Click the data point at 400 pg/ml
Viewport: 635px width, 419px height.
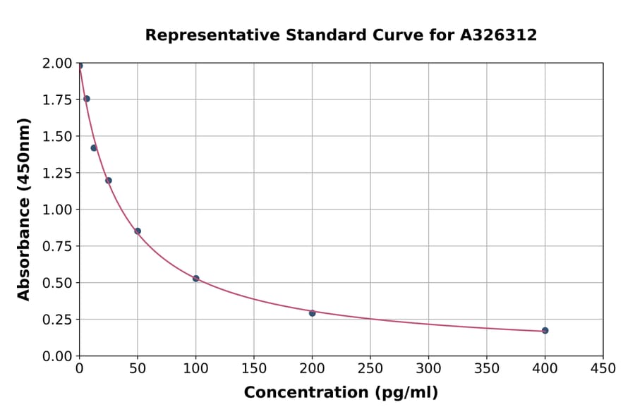[x=545, y=330]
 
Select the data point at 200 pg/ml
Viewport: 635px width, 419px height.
[x=312, y=312]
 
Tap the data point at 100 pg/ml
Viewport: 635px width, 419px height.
[x=195, y=279]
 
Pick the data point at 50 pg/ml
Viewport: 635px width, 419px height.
[x=138, y=231]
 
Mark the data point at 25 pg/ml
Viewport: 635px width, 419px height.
[x=108, y=180]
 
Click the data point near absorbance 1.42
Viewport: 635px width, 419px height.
[x=94, y=147]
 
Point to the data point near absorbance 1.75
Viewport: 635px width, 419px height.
[x=86, y=99]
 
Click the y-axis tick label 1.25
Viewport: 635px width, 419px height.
[x=57, y=173]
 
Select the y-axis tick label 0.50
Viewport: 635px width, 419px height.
[x=57, y=283]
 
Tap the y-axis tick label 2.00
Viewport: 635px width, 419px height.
[x=57, y=63]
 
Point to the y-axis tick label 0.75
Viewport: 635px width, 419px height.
[x=57, y=246]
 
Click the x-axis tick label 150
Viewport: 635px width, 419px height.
[x=254, y=368]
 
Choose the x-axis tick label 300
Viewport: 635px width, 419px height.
[x=428, y=368]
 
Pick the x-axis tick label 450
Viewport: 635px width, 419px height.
[x=603, y=368]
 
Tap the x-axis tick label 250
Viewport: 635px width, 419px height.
[x=370, y=368]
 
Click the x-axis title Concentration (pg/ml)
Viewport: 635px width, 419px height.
[x=341, y=393]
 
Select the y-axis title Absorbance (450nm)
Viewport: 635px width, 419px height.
[x=24, y=209]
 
